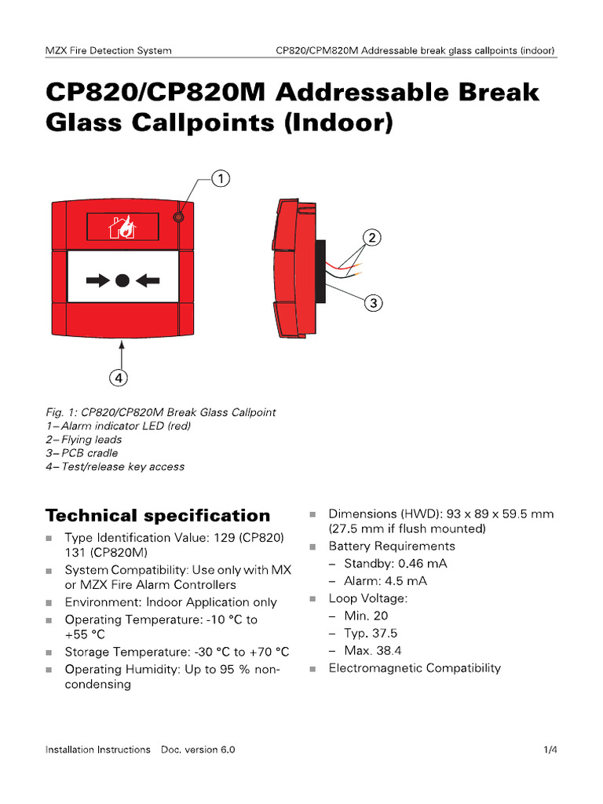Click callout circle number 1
pos(221,180)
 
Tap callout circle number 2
pos(371,237)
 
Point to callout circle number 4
pos(119,378)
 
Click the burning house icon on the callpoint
pos(123,227)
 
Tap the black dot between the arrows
pos(122,280)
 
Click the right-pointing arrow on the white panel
pos(99,280)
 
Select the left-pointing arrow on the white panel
pos(147,280)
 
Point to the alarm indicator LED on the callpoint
pos(179,216)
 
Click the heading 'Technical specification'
pos(158,516)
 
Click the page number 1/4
pos(550,750)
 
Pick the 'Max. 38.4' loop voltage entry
pos(373,651)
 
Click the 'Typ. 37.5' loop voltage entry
pos(371,633)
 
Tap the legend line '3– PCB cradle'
pos(82,453)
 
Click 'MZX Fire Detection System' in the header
pos(108,51)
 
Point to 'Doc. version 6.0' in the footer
pos(198,750)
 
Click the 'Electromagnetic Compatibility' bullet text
pos(415,668)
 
